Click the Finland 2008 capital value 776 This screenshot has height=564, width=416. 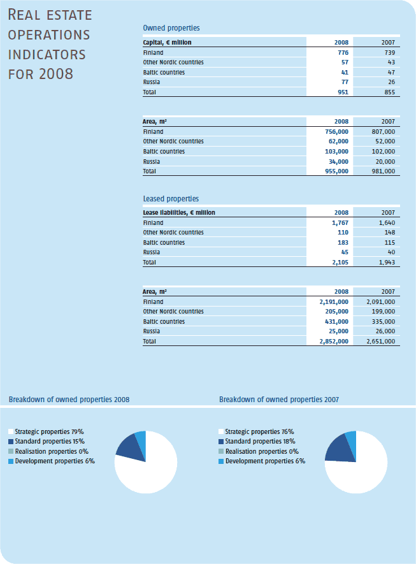click(343, 52)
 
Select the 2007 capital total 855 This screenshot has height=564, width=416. click(389, 92)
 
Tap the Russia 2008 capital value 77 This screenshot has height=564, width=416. click(345, 82)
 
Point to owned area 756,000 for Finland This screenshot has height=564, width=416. click(336, 132)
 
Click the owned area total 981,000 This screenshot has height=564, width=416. click(384, 171)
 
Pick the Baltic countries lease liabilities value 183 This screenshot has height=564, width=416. click(343, 242)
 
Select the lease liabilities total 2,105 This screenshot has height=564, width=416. click(340, 262)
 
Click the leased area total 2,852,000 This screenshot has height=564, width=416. click(334, 342)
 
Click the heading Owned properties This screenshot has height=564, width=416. click(171, 28)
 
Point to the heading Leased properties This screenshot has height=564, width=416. click(171, 199)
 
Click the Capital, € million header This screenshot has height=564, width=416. click(167, 43)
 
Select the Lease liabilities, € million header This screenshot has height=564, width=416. click(179, 213)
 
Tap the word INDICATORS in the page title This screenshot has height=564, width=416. click(47, 55)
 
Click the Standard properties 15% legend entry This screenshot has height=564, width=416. click(47, 442)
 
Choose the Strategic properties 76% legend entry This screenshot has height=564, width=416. click(256, 431)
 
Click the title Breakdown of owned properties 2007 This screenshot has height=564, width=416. click(279, 400)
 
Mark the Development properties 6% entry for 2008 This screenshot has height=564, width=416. click(52, 461)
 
